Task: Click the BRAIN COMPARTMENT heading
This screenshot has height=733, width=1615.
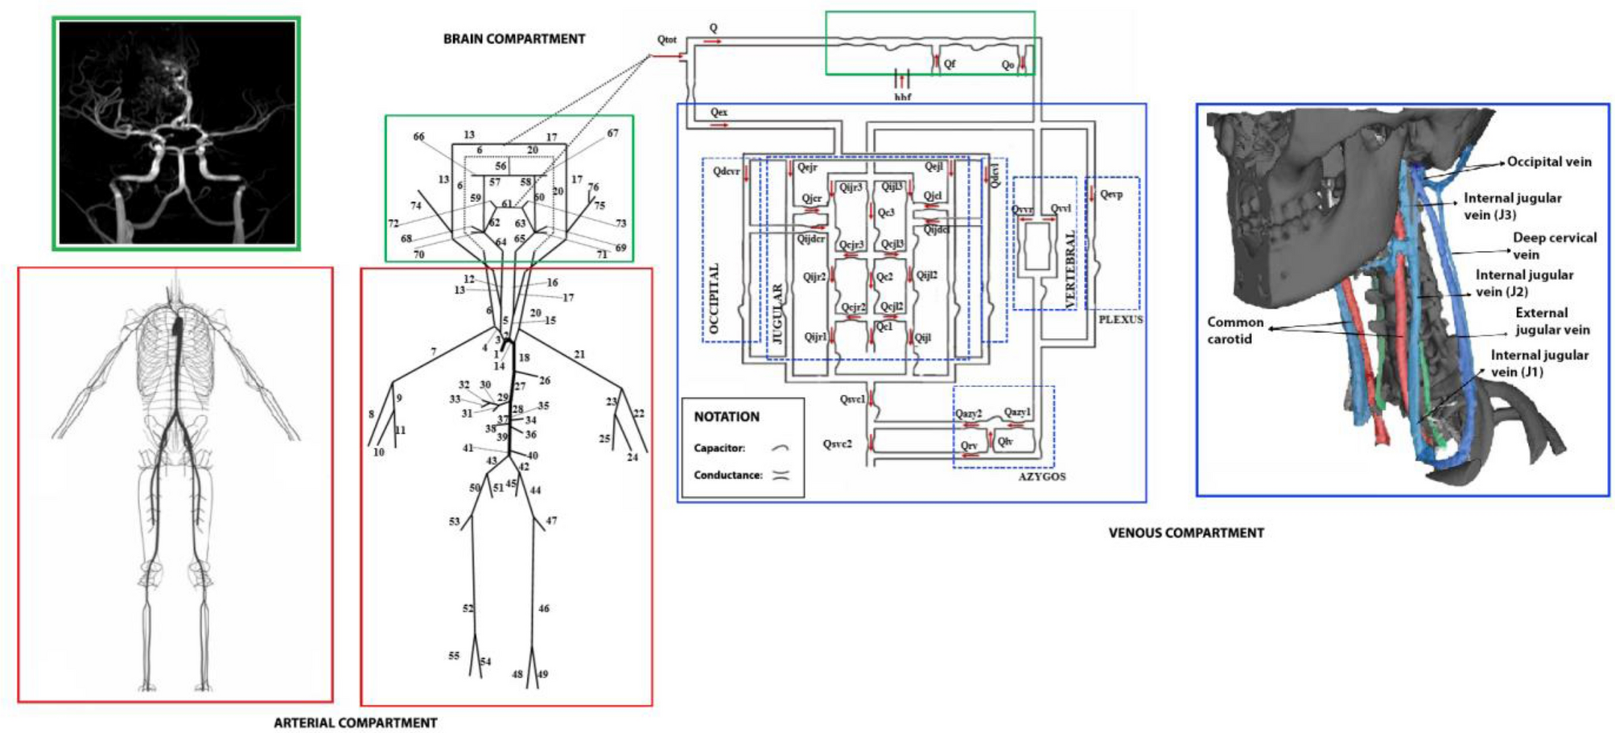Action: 513,39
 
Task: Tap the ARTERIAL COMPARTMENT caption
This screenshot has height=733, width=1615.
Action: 355,723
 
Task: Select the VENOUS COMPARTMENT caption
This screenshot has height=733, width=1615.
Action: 1185,533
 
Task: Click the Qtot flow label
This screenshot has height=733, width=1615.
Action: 666,39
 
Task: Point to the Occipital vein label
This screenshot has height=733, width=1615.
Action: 1548,162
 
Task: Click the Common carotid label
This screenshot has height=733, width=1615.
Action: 1234,330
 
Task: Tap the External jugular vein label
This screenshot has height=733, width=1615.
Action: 1551,321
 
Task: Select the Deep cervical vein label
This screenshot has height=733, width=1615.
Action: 1553,245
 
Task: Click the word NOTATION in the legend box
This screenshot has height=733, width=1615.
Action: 726,417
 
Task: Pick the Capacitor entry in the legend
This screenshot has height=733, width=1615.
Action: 719,448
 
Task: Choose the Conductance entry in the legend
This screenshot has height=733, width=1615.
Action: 727,475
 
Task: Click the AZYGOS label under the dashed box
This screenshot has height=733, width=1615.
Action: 1041,476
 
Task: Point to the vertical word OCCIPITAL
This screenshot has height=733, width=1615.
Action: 714,298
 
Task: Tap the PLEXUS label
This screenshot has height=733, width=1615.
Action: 1120,319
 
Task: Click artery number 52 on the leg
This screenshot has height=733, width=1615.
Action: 468,608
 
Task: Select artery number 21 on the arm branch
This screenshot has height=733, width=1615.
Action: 579,354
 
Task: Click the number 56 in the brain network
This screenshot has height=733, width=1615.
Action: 501,166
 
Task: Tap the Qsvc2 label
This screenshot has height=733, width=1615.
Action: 838,443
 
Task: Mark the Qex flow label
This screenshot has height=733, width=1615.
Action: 719,112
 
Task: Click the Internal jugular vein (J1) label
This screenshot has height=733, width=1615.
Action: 1539,363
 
